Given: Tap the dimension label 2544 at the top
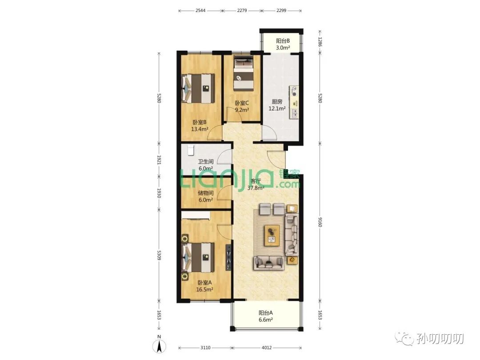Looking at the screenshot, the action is [x=200, y=10].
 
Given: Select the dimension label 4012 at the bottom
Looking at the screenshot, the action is [x=266, y=348].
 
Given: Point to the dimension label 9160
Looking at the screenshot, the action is [x=320, y=222].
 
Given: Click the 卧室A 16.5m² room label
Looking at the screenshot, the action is [x=204, y=286].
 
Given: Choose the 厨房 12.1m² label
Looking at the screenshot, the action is [x=277, y=105].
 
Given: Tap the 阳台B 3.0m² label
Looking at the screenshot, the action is [x=283, y=44].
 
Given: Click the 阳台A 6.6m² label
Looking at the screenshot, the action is [x=265, y=316].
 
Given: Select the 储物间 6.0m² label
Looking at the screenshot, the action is [x=205, y=196].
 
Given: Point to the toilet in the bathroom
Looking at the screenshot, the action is [x=191, y=150].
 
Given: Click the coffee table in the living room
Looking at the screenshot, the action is [x=272, y=235].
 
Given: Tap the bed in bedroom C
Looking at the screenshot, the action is [x=244, y=73].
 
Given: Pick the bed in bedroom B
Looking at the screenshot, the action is [x=198, y=88].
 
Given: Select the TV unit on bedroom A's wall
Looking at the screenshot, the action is [x=228, y=257].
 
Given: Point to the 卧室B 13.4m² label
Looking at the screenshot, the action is [x=200, y=125].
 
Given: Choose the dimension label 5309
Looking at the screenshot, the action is [x=159, y=255].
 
